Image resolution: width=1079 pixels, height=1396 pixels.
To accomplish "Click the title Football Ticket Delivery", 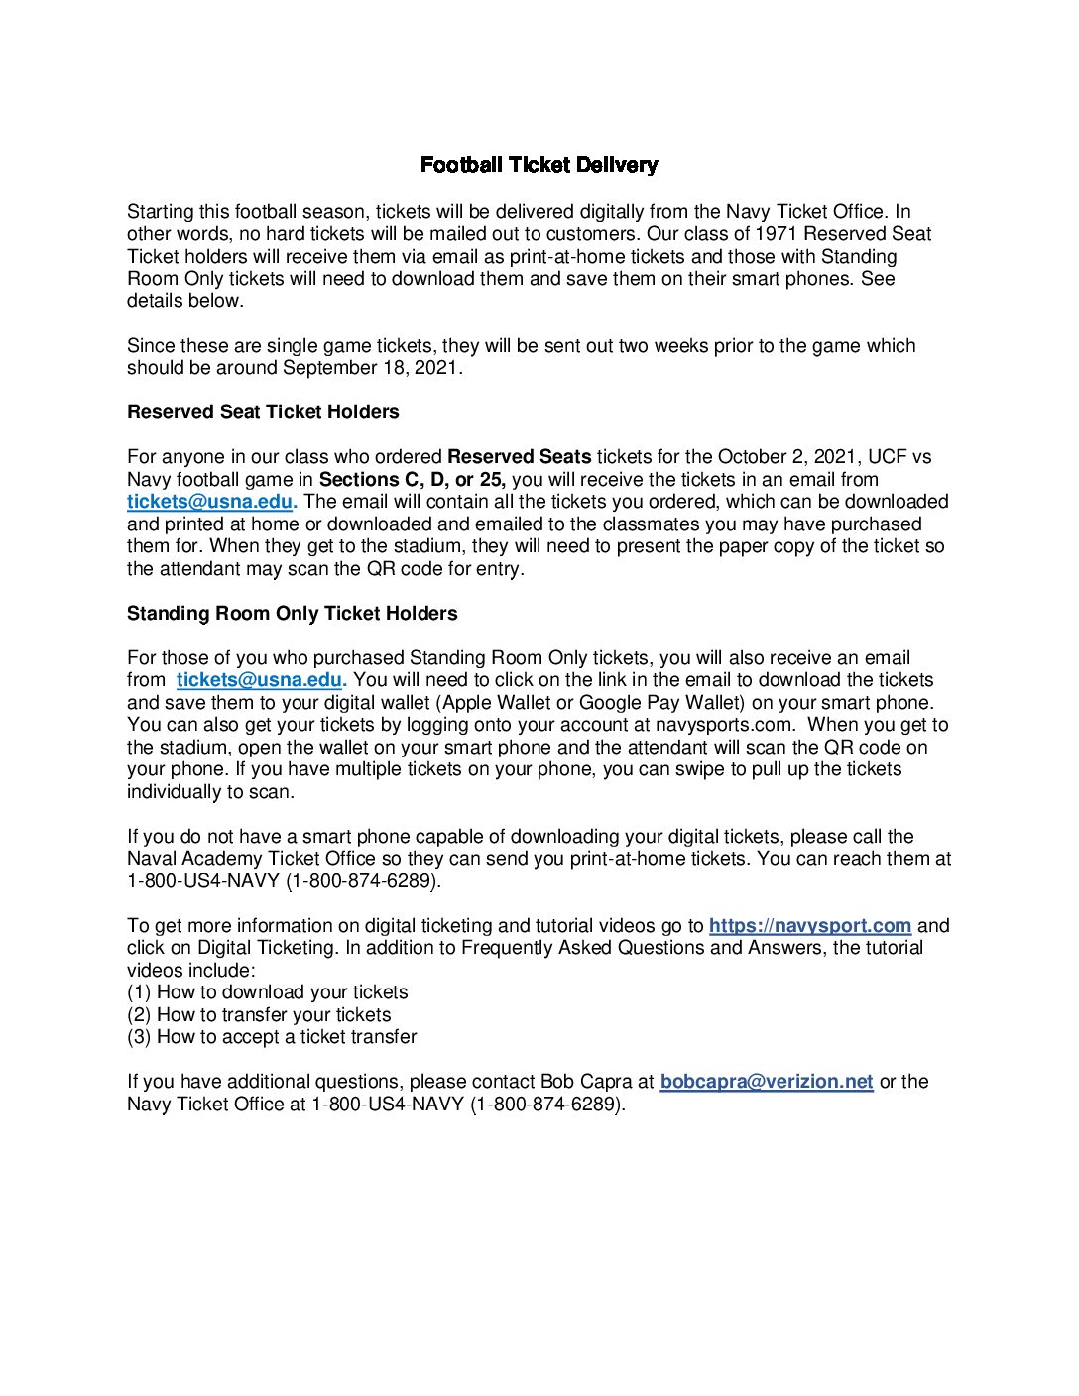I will click(x=539, y=165).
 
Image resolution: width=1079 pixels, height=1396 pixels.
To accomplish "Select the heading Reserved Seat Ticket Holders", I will click(x=263, y=412).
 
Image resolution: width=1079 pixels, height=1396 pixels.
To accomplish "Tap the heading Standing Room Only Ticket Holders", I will click(x=292, y=614).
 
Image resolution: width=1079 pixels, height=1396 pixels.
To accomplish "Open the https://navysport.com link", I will click(x=809, y=926).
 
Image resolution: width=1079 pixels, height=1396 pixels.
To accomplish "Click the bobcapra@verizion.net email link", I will click(x=767, y=1082).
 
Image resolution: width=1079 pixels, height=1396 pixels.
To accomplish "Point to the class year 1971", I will click(x=777, y=234).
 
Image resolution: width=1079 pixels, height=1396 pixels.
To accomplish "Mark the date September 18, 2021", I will click(x=372, y=368).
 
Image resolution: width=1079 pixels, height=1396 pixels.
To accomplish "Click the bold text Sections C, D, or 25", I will click(x=412, y=480).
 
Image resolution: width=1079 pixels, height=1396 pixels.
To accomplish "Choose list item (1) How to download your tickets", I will click(x=268, y=992).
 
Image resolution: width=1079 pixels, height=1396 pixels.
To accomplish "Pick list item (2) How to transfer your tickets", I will click(x=259, y=1015).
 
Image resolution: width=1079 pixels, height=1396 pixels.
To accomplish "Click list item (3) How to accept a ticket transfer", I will click(x=272, y=1037).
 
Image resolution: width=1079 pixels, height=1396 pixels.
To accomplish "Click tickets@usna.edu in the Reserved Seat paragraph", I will click(x=210, y=502).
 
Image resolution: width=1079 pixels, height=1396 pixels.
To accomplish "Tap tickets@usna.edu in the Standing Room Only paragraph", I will click(x=259, y=680).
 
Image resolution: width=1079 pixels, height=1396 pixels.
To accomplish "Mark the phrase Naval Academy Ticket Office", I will click(x=251, y=859).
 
